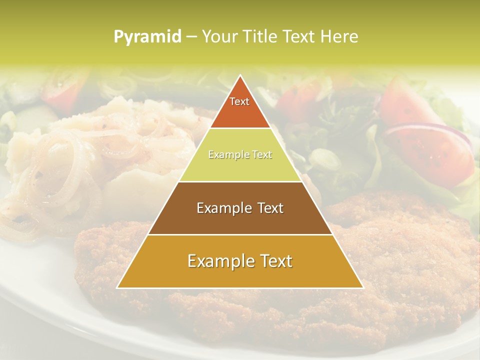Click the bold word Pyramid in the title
click(x=147, y=37)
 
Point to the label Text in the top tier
click(x=239, y=101)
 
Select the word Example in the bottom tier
click(x=220, y=261)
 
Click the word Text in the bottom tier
click(x=274, y=261)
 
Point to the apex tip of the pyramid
click(x=240, y=76)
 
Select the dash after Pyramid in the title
click(x=191, y=37)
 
